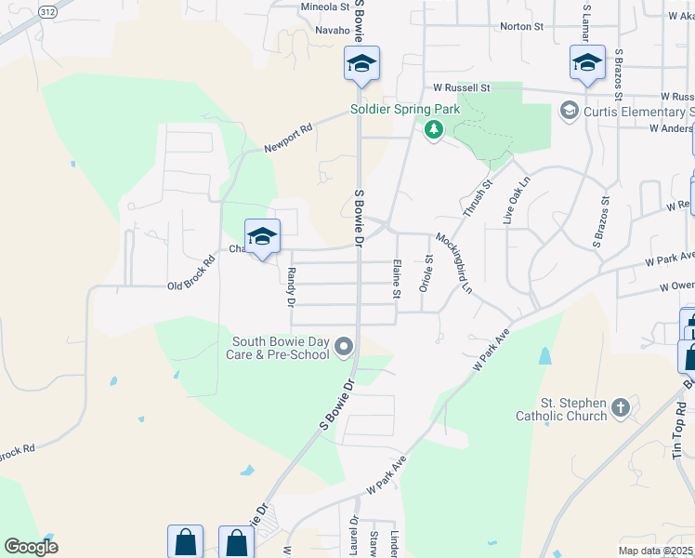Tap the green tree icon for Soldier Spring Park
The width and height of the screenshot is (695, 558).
(x=433, y=129)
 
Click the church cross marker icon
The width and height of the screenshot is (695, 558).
(x=621, y=407)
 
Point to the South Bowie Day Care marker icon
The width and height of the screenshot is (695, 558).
(x=345, y=348)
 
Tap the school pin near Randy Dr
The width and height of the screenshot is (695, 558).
(x=263, y=236)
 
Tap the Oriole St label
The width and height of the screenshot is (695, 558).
(x=428, y=273)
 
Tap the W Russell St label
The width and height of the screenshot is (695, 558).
(x=461, y=87)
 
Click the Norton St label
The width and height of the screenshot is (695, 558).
(x=521, y=27)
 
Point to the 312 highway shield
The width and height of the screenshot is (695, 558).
(x=47, y=9)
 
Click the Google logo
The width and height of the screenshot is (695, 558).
(x=31, y=546)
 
